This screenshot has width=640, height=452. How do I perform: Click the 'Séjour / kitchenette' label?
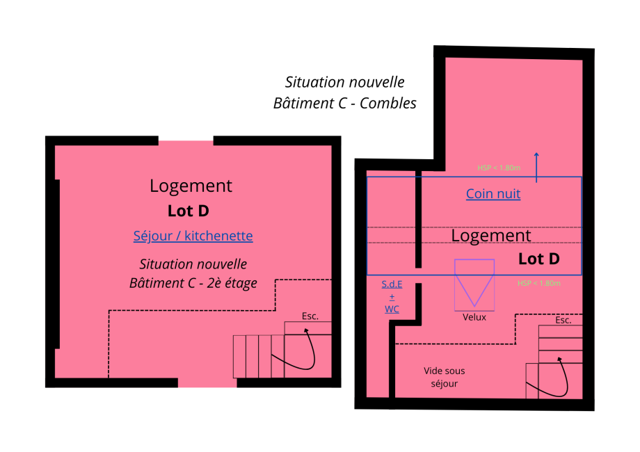(193, 236)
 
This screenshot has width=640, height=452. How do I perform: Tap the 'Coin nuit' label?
(493, 194)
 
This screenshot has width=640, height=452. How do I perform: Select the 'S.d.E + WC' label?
(392, 296)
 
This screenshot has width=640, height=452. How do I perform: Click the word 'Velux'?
(474, 317)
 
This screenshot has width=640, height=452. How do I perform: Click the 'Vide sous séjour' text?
(445, 377)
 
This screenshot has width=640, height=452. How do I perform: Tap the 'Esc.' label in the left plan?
(310, 316)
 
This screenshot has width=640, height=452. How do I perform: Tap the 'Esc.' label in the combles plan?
(563, 321)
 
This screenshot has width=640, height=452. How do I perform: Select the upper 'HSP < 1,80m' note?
(499, 168)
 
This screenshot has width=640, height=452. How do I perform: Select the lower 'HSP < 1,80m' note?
(539, 283)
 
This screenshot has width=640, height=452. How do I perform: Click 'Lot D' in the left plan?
(189, 211)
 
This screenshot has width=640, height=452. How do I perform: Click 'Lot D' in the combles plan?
(539, 259)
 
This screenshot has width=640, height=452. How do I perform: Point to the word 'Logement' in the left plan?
(191, 186)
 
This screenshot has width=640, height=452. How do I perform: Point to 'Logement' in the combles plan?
(491, 236)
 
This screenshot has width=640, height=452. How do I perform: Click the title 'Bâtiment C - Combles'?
(345, 103)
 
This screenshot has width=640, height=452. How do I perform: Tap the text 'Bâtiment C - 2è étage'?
(193, 283)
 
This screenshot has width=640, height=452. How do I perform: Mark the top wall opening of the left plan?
(186, 141)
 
